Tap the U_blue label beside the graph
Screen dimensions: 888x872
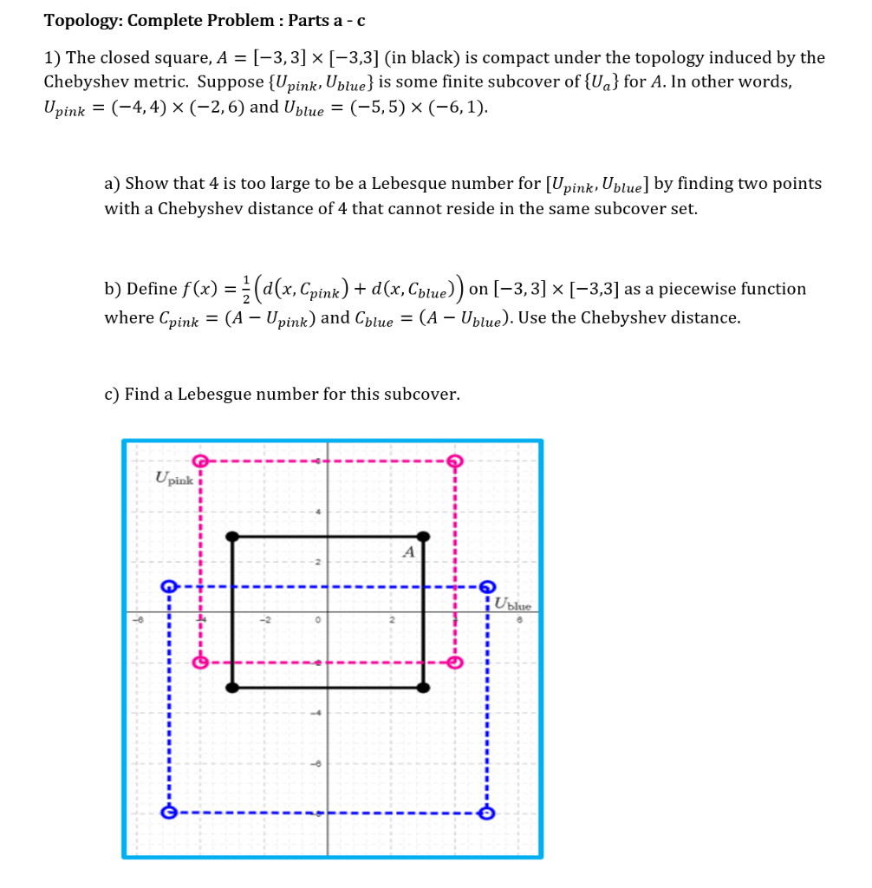coord(513,606)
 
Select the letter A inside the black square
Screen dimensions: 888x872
coord(409,552)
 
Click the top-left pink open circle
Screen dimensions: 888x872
coord(200,460)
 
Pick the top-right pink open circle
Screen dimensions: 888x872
coord(454,460)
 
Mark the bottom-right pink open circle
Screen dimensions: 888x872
coord(454,663)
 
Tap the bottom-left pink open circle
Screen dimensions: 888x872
coord(200,663)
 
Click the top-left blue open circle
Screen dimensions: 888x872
coord(169,587)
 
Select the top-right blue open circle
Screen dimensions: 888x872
coord(487,587)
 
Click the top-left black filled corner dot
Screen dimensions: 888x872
coord(231,537)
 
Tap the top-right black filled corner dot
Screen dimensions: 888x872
coord(423,537)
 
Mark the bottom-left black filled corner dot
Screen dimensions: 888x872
coord(231,688)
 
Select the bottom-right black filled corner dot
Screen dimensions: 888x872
coord(423,688)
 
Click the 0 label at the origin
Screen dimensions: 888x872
coord(318,621)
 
